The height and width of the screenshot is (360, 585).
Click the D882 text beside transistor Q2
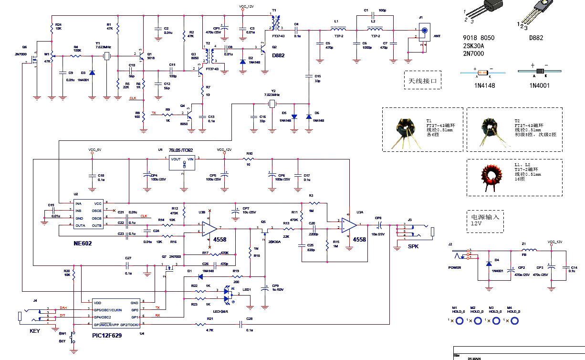pos(278,55)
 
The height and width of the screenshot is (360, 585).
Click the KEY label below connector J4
pos(35,330)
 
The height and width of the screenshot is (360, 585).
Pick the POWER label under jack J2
pos(455,267)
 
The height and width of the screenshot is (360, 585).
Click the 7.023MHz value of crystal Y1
pos(103,47)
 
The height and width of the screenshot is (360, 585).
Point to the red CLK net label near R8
pos(133,98)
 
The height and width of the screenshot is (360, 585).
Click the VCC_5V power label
pos(94,150)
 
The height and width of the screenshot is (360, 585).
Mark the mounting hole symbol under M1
pos(460,320)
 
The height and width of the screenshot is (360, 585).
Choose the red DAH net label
pos(63,307)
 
